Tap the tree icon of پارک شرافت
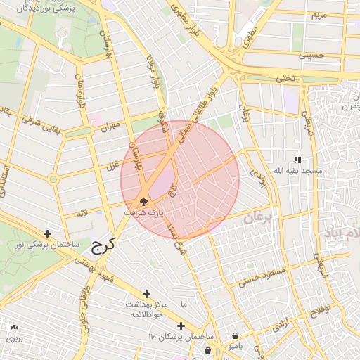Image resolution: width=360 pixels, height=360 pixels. pos(144,202)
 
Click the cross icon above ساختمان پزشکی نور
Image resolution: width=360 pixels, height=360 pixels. pos(47,233)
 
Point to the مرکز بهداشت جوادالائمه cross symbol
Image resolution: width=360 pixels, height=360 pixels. pos(146,294)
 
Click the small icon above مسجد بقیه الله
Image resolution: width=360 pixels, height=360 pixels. pos(297,160)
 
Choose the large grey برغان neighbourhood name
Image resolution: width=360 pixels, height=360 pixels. pos(262,220)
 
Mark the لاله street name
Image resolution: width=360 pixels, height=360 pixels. pos(83,212)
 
